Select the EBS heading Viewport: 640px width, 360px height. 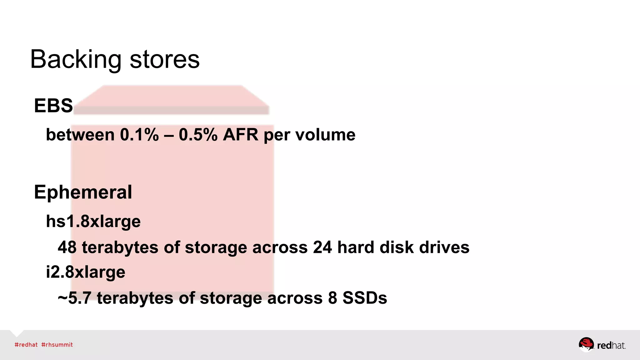pos(53,106)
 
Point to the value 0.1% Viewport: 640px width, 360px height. pos(139,135)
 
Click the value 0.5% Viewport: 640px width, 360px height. pos(198,135)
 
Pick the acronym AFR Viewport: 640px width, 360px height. pos(241,135)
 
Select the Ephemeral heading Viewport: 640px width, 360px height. pos(83,192)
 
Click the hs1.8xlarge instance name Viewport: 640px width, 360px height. pos(93,222)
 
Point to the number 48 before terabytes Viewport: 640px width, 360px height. pos(67,247)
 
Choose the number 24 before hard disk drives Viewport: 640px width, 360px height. pos(322,247)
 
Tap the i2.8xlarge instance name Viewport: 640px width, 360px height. pos(86,272)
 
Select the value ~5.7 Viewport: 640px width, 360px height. pos(74,298)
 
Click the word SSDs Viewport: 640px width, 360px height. pos(365,298)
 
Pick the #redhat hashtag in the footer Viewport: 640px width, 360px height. pos(26,345)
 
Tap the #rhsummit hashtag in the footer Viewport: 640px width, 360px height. pos(57,345)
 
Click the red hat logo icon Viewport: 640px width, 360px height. pos(586,344)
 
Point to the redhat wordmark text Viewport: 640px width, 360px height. pos(611,345)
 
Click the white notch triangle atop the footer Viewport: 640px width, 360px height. pos(17,332)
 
